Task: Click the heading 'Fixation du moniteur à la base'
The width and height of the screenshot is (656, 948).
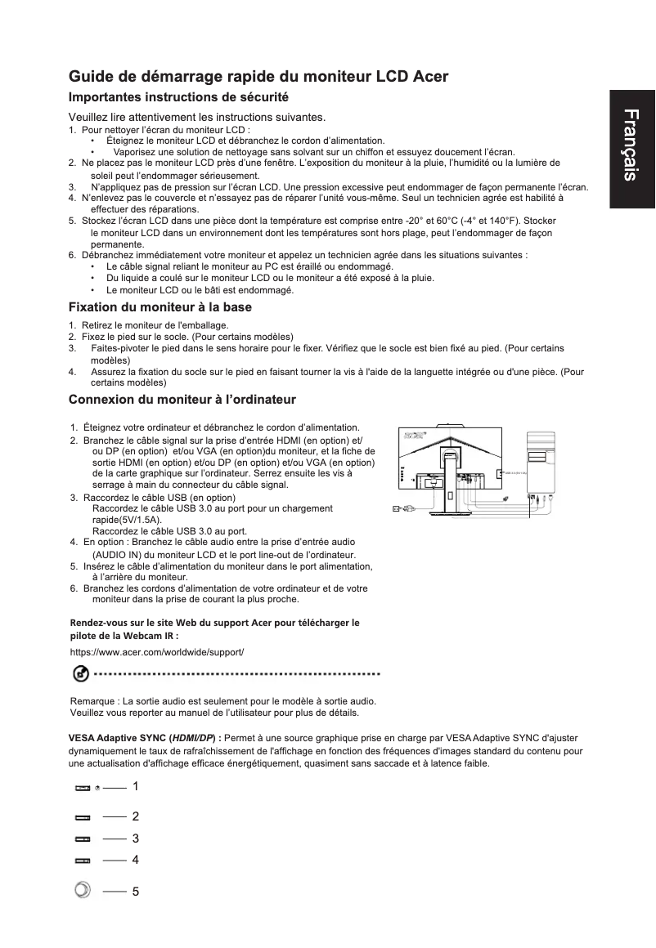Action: (x=160, y=307)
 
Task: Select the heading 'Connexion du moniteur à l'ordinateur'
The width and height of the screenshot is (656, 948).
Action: (x=182, y=400)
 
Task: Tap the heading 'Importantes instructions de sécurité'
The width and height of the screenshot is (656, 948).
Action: (x=179, y=97)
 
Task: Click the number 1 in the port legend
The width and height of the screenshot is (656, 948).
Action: (x=135, y=786)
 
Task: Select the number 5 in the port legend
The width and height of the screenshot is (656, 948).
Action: (x=135, y=891)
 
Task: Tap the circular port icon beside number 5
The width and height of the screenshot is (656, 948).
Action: (x=81, y=890)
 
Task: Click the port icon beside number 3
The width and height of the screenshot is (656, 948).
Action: (x=82, y=838)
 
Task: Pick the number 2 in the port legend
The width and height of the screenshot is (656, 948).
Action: (x=135, y=816)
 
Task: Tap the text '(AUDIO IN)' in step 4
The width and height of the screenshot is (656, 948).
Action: (x=119, y=554)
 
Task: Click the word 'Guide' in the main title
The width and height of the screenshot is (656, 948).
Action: (x=91, y=78)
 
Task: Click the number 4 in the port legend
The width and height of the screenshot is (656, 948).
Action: (x=135, y=860)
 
